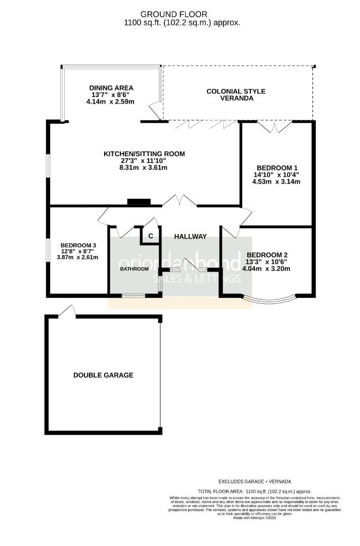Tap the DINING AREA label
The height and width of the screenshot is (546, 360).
point(111,87)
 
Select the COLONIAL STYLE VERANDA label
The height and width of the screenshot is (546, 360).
point(236,95)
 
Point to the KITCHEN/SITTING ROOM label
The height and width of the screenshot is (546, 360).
point(144,154)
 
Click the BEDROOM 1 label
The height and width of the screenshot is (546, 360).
point(277,168)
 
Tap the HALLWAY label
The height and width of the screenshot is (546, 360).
point(190,236)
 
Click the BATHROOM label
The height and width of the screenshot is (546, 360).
point(134,269)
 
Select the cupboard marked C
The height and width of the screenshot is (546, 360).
point(150,236)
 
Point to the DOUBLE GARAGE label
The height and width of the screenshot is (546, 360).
point(103,375)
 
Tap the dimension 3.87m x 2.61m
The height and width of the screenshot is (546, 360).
point(77,257)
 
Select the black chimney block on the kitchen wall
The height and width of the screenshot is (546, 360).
point(139,202)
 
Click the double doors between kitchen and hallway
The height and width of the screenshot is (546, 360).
point(179,201)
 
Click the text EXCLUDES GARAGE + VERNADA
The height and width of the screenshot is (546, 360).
point(254,482)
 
